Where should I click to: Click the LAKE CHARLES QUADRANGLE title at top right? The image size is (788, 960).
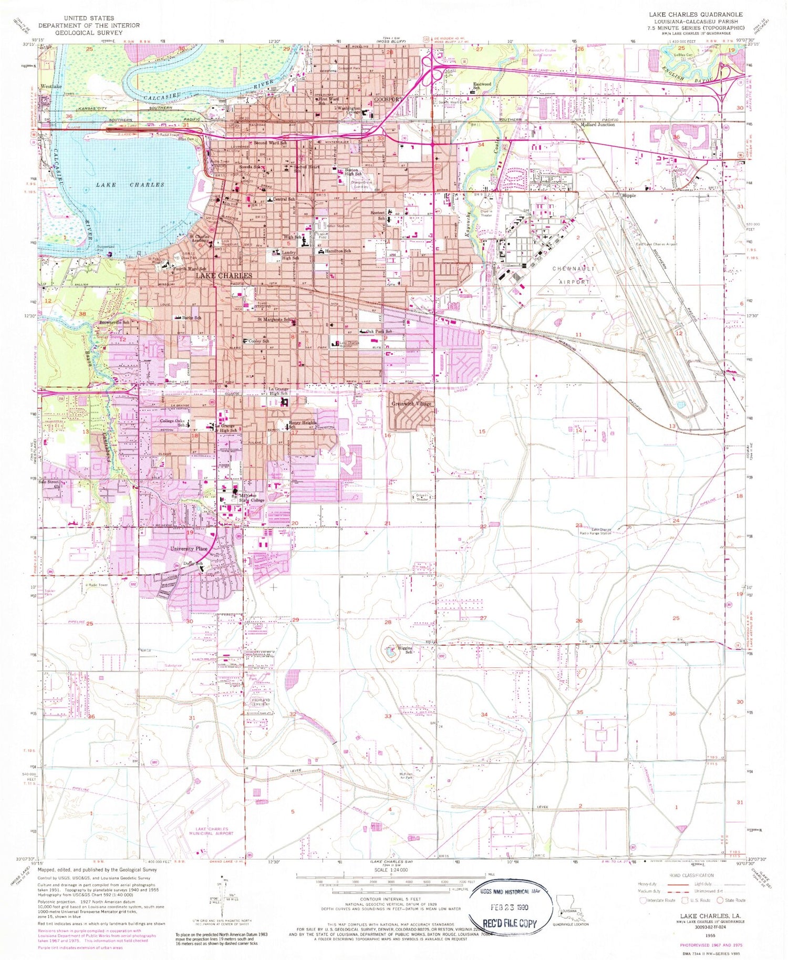click(x=696, y=15)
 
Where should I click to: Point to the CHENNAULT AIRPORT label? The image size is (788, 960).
click(x=574, y=275)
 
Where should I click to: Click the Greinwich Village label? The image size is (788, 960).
click(x=411, y=404)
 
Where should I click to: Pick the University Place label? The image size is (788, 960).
click(x=189, y=549)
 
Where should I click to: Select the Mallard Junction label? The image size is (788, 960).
click(x=598, y=125)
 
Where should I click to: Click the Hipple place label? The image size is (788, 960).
click(x=628, y=195)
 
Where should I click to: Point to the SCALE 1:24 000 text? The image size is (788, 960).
click(x=392, y=870)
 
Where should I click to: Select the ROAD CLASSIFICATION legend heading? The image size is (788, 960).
click(x=691, y=875)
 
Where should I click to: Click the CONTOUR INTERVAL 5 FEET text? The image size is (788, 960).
click(x=391, y=900)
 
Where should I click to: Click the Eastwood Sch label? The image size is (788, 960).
click(x=482, y=86)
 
